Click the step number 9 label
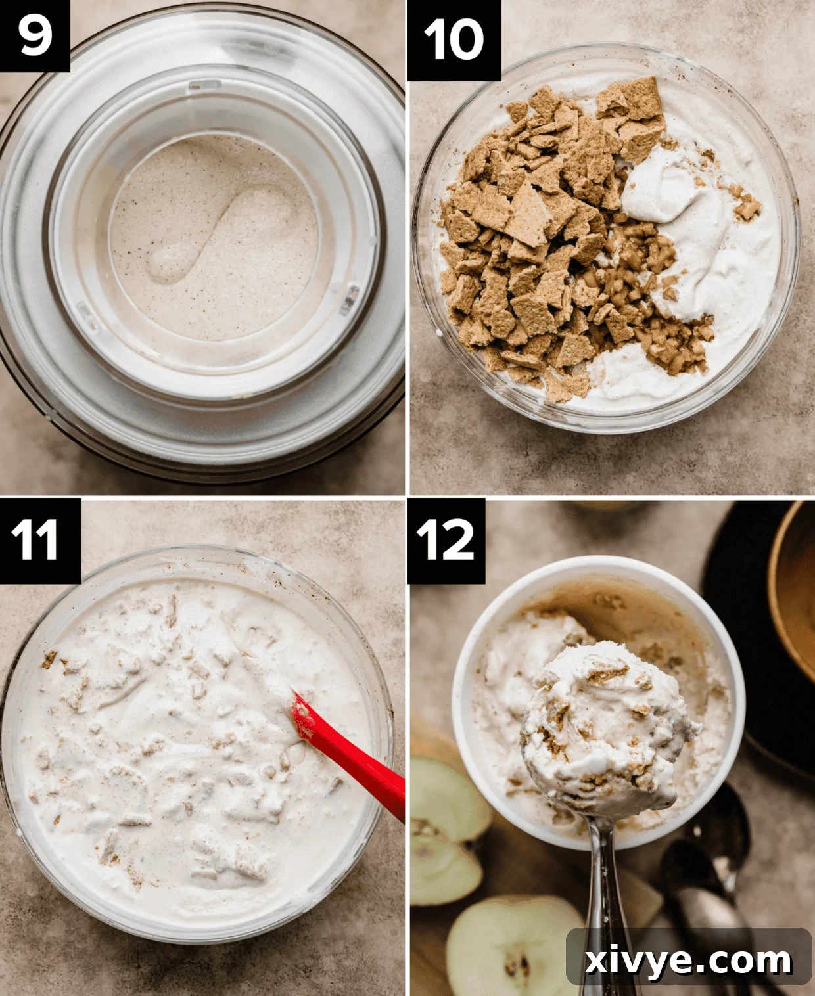[x=34, y=35]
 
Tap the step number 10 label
[x=454, y=39]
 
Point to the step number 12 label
[x=446, y=540]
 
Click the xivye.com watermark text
[x=687, y=961]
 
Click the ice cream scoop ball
[x=608, y=729]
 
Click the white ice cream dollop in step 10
[x=677, y=191]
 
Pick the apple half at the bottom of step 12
[x=513, y=946]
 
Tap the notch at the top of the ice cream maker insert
[x=205, y=85]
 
